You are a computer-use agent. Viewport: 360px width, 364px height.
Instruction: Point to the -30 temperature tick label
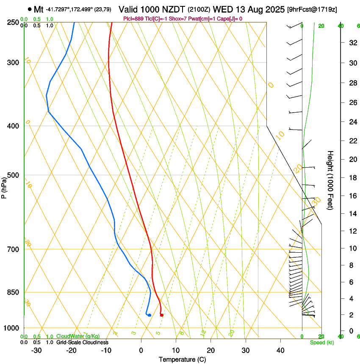coord(36,350)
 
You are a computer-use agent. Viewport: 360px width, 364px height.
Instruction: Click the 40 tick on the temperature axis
coord(280,350)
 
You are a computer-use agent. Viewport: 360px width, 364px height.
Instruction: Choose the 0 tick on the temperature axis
coord(141,350)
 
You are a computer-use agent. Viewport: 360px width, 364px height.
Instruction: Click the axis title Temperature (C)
coord(182,359)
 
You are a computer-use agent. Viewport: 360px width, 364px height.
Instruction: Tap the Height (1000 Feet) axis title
coord(330,180)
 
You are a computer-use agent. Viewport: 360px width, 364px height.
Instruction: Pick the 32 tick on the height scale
coord(352,43)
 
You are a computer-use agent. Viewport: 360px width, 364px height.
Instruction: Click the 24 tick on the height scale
coord(352,122)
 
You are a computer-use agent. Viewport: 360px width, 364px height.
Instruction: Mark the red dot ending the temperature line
coord(162,315)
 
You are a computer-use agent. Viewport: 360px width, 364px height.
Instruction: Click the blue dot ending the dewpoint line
coord(150,315)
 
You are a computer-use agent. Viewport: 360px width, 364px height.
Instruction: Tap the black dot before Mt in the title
coord(29,9)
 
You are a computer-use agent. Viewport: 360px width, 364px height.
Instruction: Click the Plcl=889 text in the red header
coord(134,19)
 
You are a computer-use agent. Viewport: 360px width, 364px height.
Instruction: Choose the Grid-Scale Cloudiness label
coord(82,342)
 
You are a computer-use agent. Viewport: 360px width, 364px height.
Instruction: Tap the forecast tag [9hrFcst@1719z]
coord(312,9)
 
